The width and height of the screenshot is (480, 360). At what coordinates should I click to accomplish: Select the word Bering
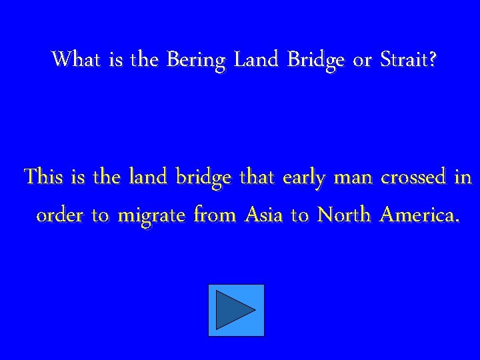(196, 61)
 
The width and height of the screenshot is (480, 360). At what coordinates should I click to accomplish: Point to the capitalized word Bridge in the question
(316, 61)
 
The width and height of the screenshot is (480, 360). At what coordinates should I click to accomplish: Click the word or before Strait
(362, 61)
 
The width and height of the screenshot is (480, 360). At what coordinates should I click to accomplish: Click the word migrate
(153, 217)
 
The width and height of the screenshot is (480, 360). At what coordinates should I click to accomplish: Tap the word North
(344, 215)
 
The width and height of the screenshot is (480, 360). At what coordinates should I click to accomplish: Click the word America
(419, 215)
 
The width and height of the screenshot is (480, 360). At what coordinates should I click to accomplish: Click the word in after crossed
(463, 177)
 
